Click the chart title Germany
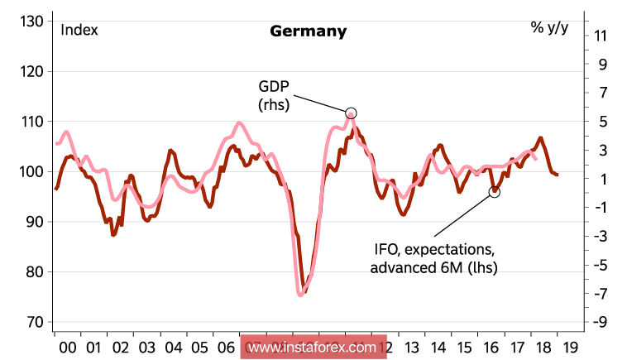click(x=308, y=31)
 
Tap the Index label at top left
click(x=79, y=31)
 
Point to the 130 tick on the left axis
click(x=31, y=22)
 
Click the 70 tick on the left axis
click(x=34, y=322)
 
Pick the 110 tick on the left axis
click(x=31, y=122)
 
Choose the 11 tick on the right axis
click(x=601, y=36)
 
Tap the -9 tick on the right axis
click(x=601, y=323)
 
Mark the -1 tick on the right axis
click(x=601, y=208)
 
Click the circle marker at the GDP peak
click(x=351, y=113)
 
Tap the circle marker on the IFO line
click(x=495, y=192)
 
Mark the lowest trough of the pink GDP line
click(x=300, y=294)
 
